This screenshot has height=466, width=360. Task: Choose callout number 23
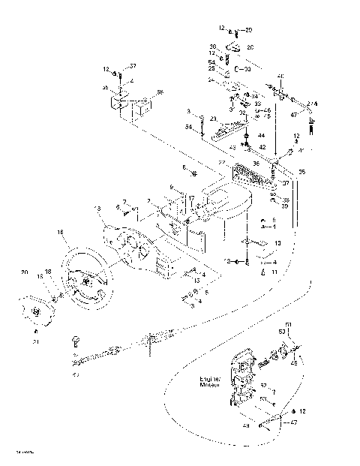coord(213,119)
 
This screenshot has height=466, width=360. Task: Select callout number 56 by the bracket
coord(159,92)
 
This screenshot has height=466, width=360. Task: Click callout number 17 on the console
coord(192,199)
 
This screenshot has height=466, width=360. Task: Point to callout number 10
coord(277,243)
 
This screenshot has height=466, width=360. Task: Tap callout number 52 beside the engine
coord(263,385)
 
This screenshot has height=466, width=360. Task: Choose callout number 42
coord(262,147)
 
